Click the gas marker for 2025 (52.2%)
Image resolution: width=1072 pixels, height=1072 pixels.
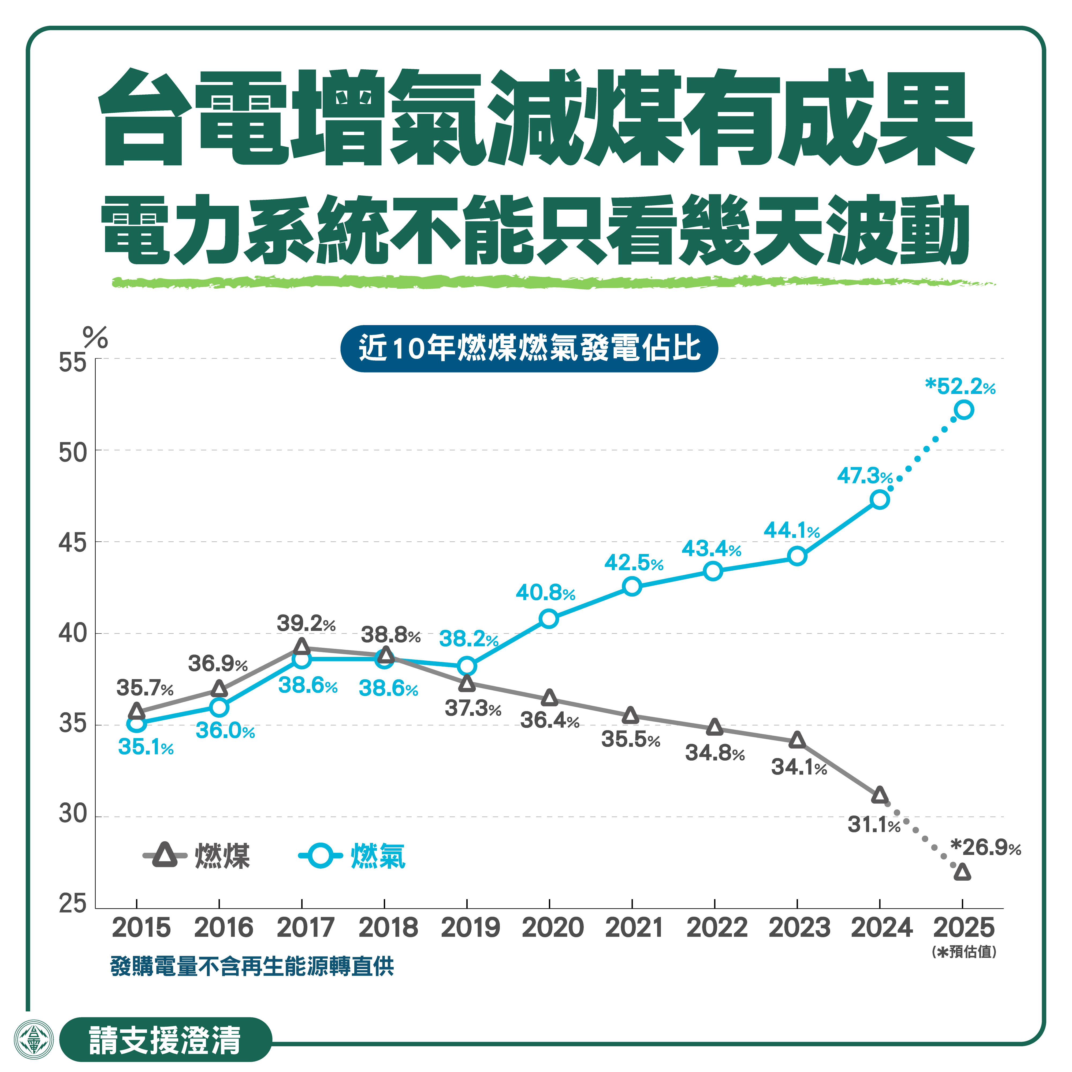964,410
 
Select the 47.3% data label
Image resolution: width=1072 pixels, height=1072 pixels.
865,475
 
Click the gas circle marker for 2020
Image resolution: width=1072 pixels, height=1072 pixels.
549,618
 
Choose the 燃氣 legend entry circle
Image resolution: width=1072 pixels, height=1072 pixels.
320,855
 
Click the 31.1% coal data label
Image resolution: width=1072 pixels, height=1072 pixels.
873,825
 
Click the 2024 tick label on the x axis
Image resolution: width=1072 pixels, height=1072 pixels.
881,928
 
